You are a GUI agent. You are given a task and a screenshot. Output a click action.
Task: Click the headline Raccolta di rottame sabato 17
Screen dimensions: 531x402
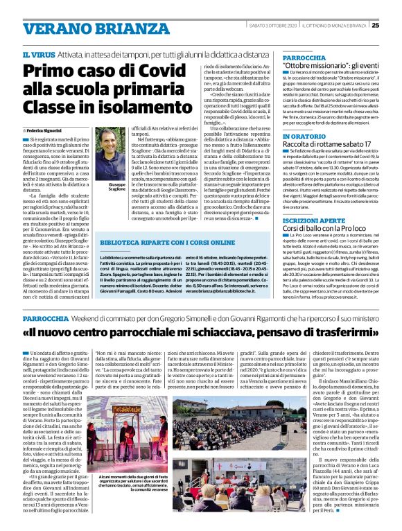pos(327,146)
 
